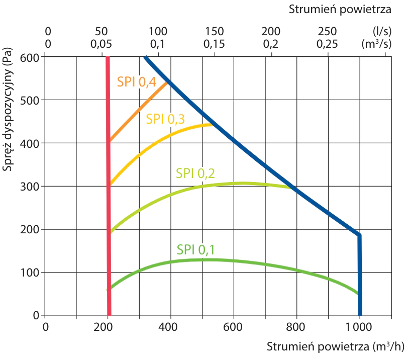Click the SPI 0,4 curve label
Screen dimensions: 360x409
(x=136, y=81)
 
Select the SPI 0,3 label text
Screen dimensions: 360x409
(x=165, y=119)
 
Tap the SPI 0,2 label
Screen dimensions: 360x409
(x=195, y=173)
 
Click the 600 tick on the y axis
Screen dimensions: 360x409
(x=32, y=57)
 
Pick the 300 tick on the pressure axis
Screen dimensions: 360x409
(x=32, y=187)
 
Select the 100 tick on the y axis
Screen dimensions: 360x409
(x=32, y=273)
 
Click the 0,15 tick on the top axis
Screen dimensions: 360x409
(x=215, y=44)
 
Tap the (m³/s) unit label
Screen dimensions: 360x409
(x=377, y=44)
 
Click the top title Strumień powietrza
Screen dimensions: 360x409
(x=340, y=9)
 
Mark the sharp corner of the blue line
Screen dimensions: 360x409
(x=359, y=235)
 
